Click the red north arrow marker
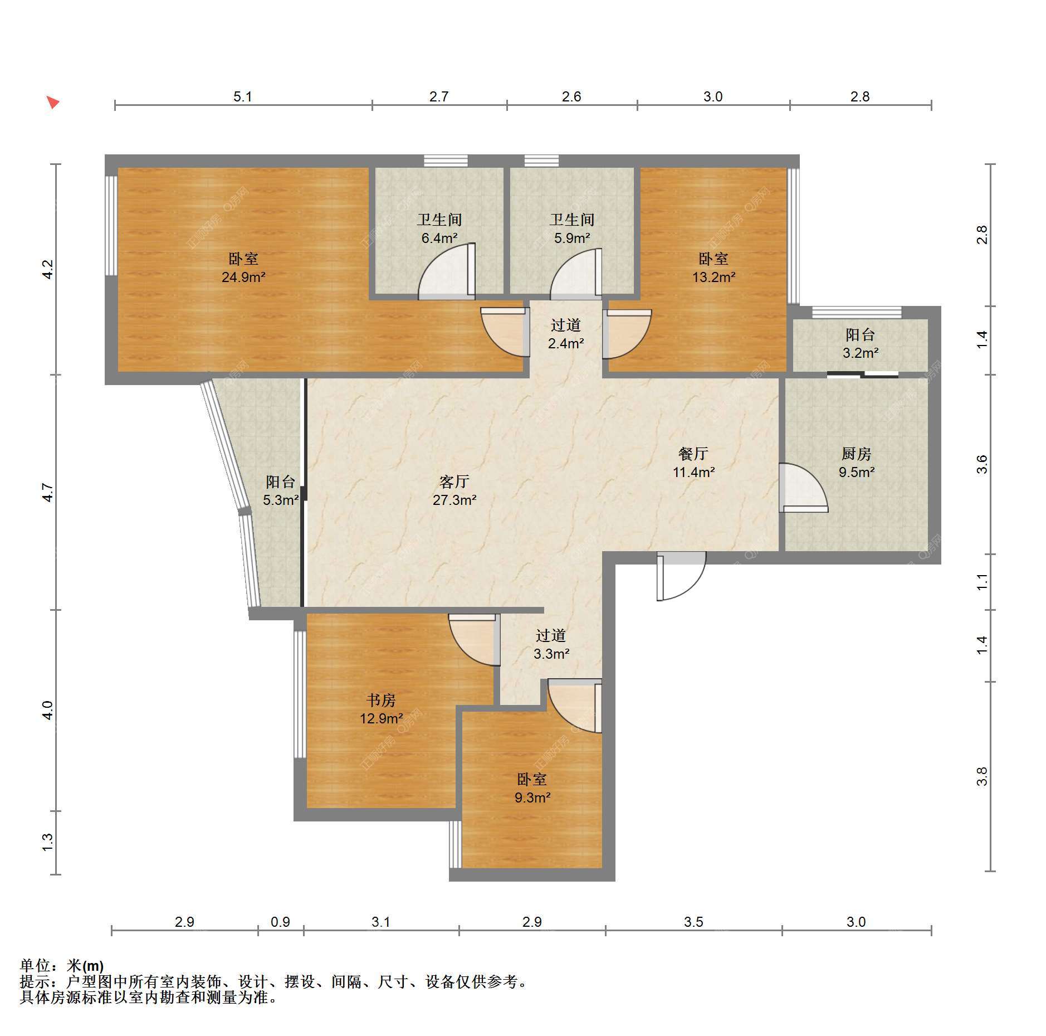(53, 103)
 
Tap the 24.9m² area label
(243, 277)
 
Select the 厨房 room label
(856, 454)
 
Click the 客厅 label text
(454, 481)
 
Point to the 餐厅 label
(693, 454)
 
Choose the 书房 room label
(381, 701)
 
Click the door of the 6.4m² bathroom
(447, 270)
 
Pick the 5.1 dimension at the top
(243, 97)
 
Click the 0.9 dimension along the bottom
(280, 922)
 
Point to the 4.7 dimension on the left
(48, 493)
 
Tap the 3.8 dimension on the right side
(981, 776)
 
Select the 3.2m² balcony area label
(861, 353)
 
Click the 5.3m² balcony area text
(281, 500)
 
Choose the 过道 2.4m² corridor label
(566, 334)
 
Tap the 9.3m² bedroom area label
(532, 797)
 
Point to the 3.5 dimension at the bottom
(693, 922)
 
